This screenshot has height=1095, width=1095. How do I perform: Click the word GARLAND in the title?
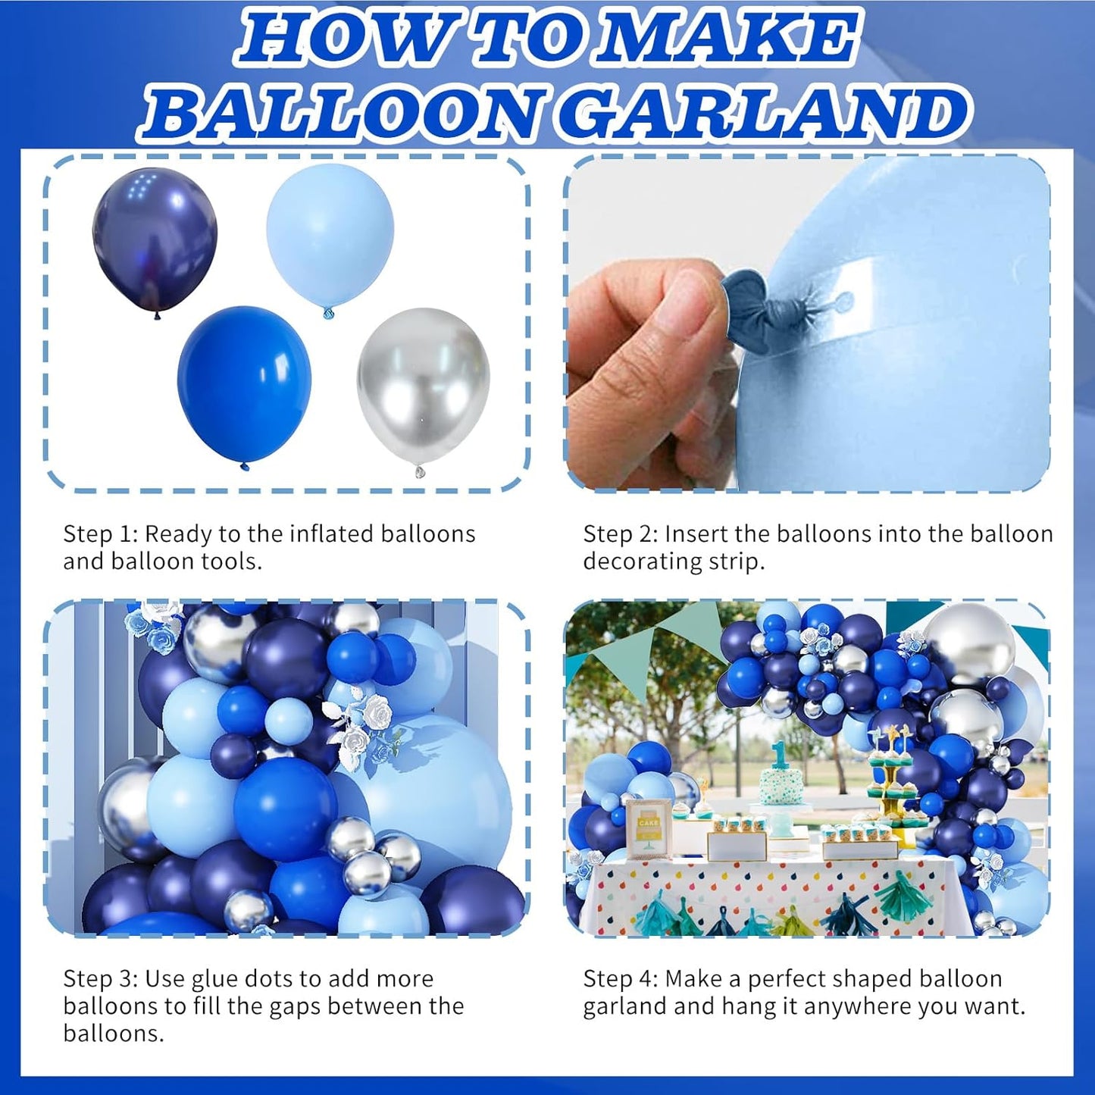tap(765, 114)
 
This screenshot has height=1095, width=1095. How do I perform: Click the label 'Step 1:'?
tap(99, 534)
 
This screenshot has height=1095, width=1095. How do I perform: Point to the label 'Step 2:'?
tap(620, 534)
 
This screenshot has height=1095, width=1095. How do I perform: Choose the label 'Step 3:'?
tap(99, 978)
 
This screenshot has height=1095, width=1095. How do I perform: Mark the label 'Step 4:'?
tap(620, 978)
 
